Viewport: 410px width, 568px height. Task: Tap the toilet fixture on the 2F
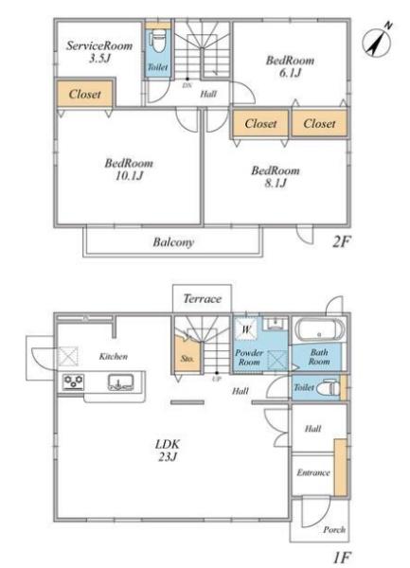pyautogui.click(x=157, y=40)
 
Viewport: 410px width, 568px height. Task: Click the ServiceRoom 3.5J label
pyautogui.click(x=99, y=52)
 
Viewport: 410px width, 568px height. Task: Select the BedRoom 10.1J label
pyautogui.click(x=129, y=169)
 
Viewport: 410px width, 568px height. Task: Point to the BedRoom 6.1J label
pyautogui.click(x=290, y=66)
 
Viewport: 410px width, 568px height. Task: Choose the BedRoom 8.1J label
pyautogui.click(x=276, y=176)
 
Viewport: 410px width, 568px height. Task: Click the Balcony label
pyautogui.click(x=173, y=242)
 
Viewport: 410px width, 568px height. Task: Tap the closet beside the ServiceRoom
pyautogui.click(x=85, y=94)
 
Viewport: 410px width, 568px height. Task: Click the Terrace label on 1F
pyautogui.click(x=202, y=299)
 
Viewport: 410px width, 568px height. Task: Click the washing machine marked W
pyautogui.click(x=246, y=329)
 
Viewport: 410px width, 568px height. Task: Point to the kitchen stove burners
pyautogui.click(x=74, y=382)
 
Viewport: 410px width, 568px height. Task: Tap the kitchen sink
pyautogui.click(x=121, y=382)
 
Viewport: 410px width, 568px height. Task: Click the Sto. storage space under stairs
pyautogui.click(x=187, y=355)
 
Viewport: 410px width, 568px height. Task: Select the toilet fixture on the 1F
pyautogui.click(x=329, y=388)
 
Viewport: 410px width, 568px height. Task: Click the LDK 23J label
pyautogui.click(x=168, y=451)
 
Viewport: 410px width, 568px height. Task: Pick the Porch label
pyautogui.click(x=334, y=529)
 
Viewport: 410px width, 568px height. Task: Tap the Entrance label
pyautogui.click(x=313, y=472)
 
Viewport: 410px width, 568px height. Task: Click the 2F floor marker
pyautogui.click(x=341, y=241)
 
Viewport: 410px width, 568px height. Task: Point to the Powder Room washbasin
pyautogui.click(x=276, y=323)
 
